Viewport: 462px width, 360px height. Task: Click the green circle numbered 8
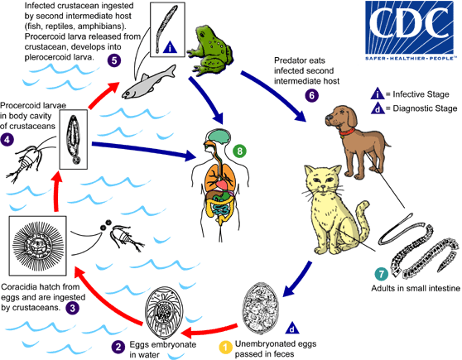[x=239, y=127]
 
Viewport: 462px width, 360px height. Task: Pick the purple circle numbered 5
[x=113, y=59]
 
